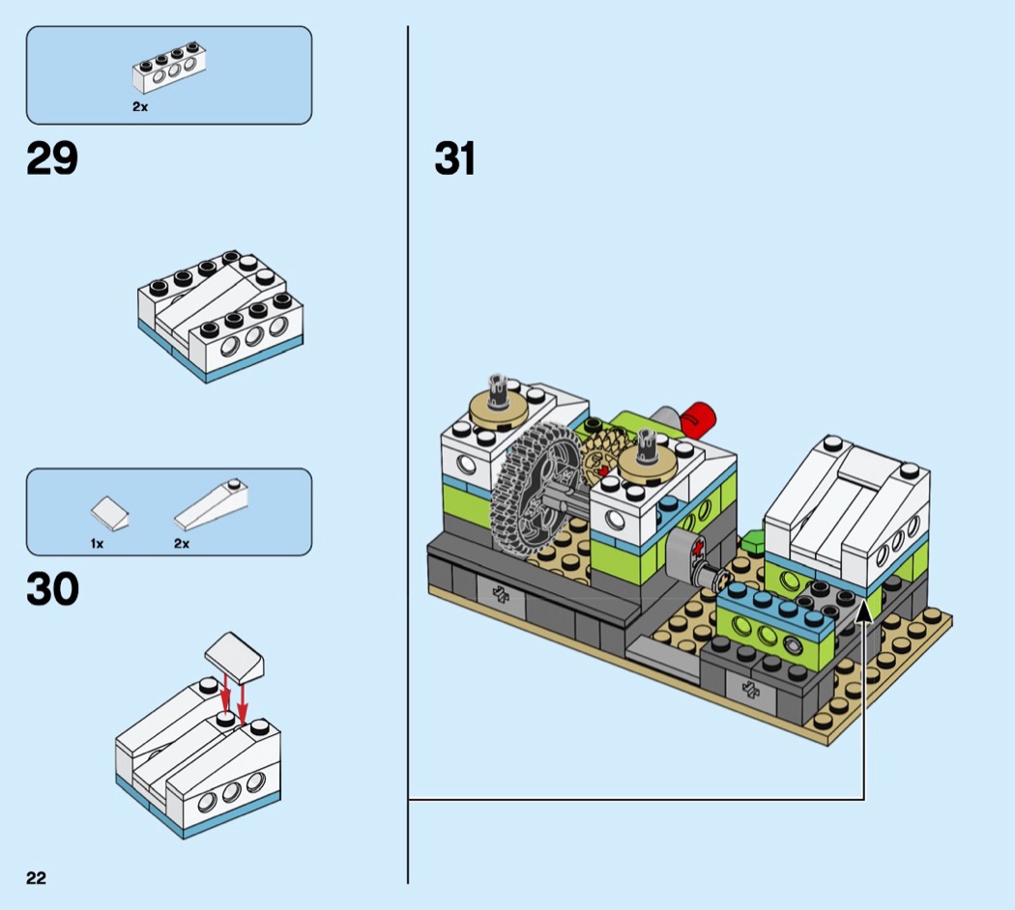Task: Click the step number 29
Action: (x=52, y=159)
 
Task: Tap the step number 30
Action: (x=52, y=589)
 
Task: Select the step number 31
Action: (x=455, y=159)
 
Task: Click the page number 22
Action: (x=37, y=878)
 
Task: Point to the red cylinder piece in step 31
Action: (x=699, y=420)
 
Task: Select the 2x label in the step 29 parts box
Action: (x=140, y=107)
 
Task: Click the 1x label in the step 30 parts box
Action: (x=97, y=544)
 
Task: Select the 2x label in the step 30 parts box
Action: (x=182, y=544)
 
